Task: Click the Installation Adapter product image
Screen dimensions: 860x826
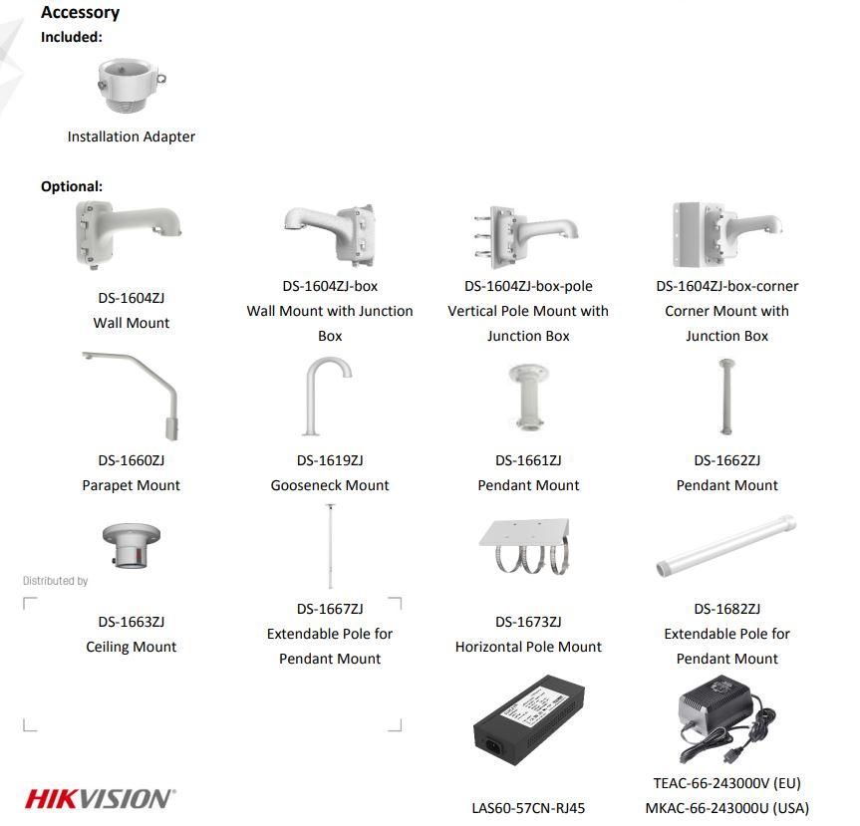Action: (x=132, y=86)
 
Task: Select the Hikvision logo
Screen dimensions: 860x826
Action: (x=101, y=798)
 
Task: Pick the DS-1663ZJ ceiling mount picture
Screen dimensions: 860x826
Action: (x=132, y=546)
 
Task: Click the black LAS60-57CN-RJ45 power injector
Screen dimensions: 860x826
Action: (x=529, y=720)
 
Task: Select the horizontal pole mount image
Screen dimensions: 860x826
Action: (x=525, y=546)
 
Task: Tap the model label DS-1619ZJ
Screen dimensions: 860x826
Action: (x=330, y=460)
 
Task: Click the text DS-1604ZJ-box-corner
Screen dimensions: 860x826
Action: (x=726, y=286)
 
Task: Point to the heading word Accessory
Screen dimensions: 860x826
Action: (x=80, y=12)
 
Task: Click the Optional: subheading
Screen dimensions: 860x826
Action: (x=72, y=186)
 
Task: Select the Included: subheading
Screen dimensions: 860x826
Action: (x=72, y=37)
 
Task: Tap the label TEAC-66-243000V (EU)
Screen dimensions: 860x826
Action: (x=726, y=783)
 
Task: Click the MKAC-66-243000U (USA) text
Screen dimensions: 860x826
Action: (x=726, y=808)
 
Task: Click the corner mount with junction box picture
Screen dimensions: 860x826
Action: (x=726, y=235)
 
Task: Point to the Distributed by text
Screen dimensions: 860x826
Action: (x=56, y=581)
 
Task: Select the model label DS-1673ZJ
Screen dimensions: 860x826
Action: (x=528, y=622)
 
